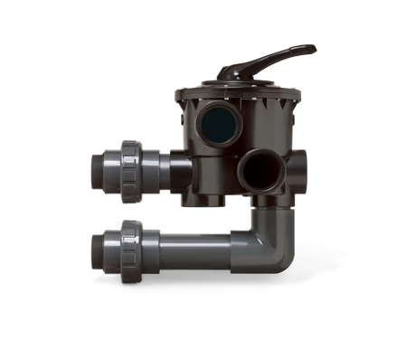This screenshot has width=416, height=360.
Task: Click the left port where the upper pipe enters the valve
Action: coord(184,167)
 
